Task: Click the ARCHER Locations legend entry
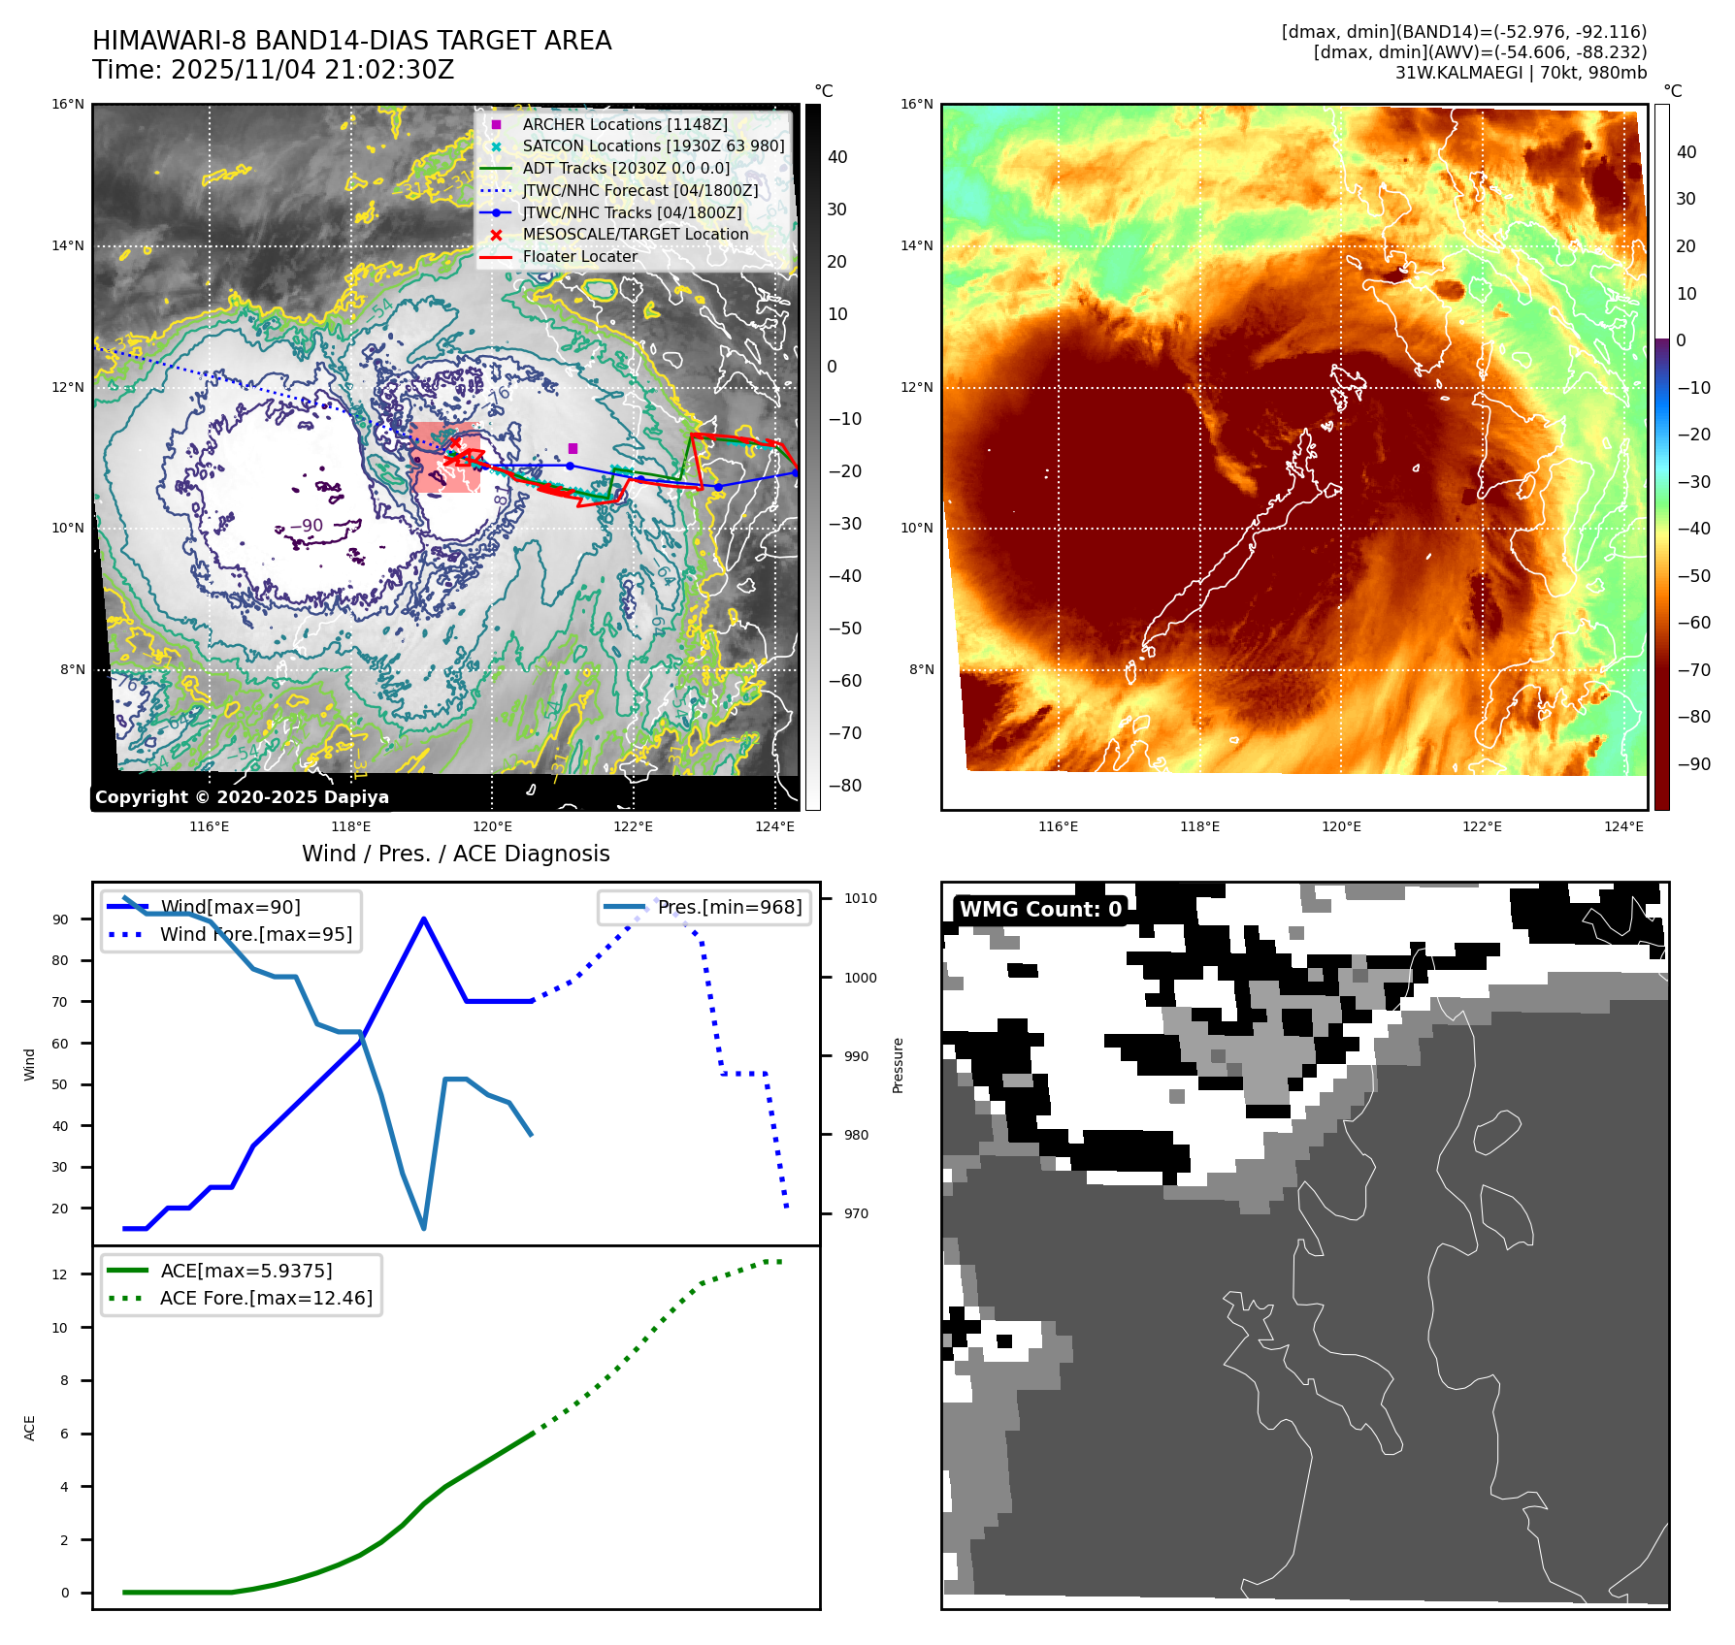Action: (x=624, y=124)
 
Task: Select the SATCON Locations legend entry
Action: (x=652, y=146)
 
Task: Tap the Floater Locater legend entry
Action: (x=579, y=257)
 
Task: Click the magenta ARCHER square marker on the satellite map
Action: (x=573, y=448)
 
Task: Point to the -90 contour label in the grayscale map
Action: (x=307, y=526)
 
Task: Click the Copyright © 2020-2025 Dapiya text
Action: (x=242, y=797)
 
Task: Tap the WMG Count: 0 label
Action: (x=1040, y=910)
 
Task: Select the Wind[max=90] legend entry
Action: (x=230, y=907)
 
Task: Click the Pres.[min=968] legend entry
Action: (x=729, y=907)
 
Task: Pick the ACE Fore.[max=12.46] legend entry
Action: (x=265, y=1298)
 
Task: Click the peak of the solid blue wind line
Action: (x=424, y=919)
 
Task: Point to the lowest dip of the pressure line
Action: (x=424, y=1228)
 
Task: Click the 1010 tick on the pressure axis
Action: (x=860, y=899)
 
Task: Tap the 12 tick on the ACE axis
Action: (x=60, y=1274)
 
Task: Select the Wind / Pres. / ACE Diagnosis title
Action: (x=455, y=854)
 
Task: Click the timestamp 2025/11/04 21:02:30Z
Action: (x=312, y=70)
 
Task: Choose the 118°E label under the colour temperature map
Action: (x=1199, y=826)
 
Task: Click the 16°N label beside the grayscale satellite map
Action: (x=68, y=105)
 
